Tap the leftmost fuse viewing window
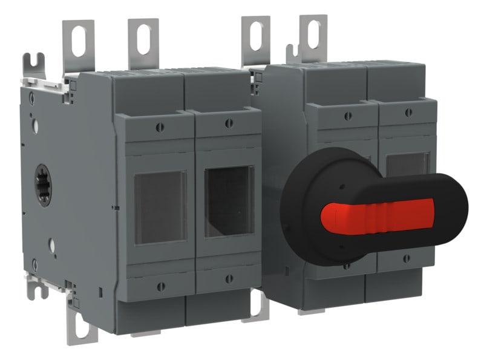click(160, 206)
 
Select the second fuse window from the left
click(228, 200)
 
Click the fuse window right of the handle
click(407, 164)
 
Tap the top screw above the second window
click(228, 123)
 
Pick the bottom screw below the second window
click(229, 279)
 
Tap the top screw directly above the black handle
click(347, 116)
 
